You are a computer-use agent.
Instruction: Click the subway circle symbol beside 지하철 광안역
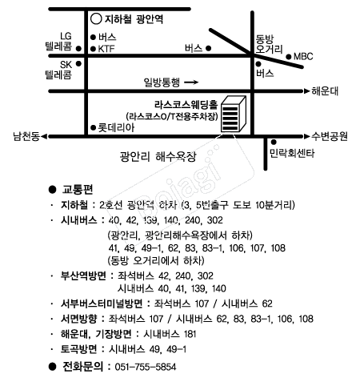pos(96,19)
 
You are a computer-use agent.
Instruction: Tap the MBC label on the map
pos(303,57)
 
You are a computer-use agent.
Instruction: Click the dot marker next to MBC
pos(289,57)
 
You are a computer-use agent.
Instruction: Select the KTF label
pos(106,49)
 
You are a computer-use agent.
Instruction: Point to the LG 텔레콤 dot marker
pos(78,49)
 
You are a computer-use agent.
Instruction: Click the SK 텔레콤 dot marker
pos(78,63)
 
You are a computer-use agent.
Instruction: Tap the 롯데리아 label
pos(116,127)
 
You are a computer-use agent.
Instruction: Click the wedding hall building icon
pos(234,114)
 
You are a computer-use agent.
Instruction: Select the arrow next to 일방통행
pos(191,82)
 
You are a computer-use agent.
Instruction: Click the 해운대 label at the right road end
pos(325,91)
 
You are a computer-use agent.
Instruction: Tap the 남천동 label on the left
pos(26,136)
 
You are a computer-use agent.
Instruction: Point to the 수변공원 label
pos(330,136)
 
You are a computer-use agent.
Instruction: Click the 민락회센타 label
pos(292,153)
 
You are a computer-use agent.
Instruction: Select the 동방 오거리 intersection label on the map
pos(269,44)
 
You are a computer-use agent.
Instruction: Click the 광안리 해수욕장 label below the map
pos(158,156)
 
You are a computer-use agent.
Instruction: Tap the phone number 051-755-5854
pos(146,367)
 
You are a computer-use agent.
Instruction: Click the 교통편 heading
pos(78,189)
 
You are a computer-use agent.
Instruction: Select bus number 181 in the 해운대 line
pos(190,334)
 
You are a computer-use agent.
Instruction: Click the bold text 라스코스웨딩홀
pos(186,104)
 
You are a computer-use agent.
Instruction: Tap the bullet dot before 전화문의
pos(53,367)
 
